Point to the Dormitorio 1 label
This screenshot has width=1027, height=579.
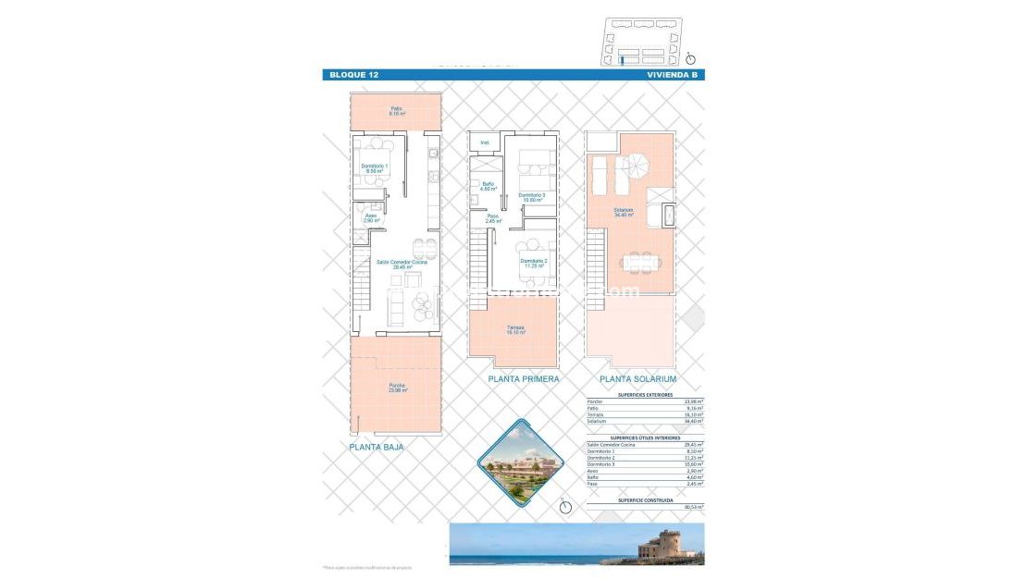point(374,168)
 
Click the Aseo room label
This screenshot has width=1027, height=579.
point(370,219)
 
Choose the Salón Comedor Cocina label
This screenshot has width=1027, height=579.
point(402,263)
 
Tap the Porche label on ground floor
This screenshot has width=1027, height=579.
point(397,388)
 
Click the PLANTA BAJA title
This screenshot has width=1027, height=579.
point(377,447)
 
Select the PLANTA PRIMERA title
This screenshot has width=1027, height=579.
point(524,379)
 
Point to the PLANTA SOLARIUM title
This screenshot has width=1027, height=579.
point(637,379)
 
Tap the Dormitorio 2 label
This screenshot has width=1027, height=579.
point(532,263)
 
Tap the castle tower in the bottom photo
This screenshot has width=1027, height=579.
point(665,542)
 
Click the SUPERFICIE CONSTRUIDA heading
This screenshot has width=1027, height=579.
point(645,499)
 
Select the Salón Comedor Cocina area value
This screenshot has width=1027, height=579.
point(693,444)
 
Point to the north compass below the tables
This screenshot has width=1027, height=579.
point(565,505)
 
